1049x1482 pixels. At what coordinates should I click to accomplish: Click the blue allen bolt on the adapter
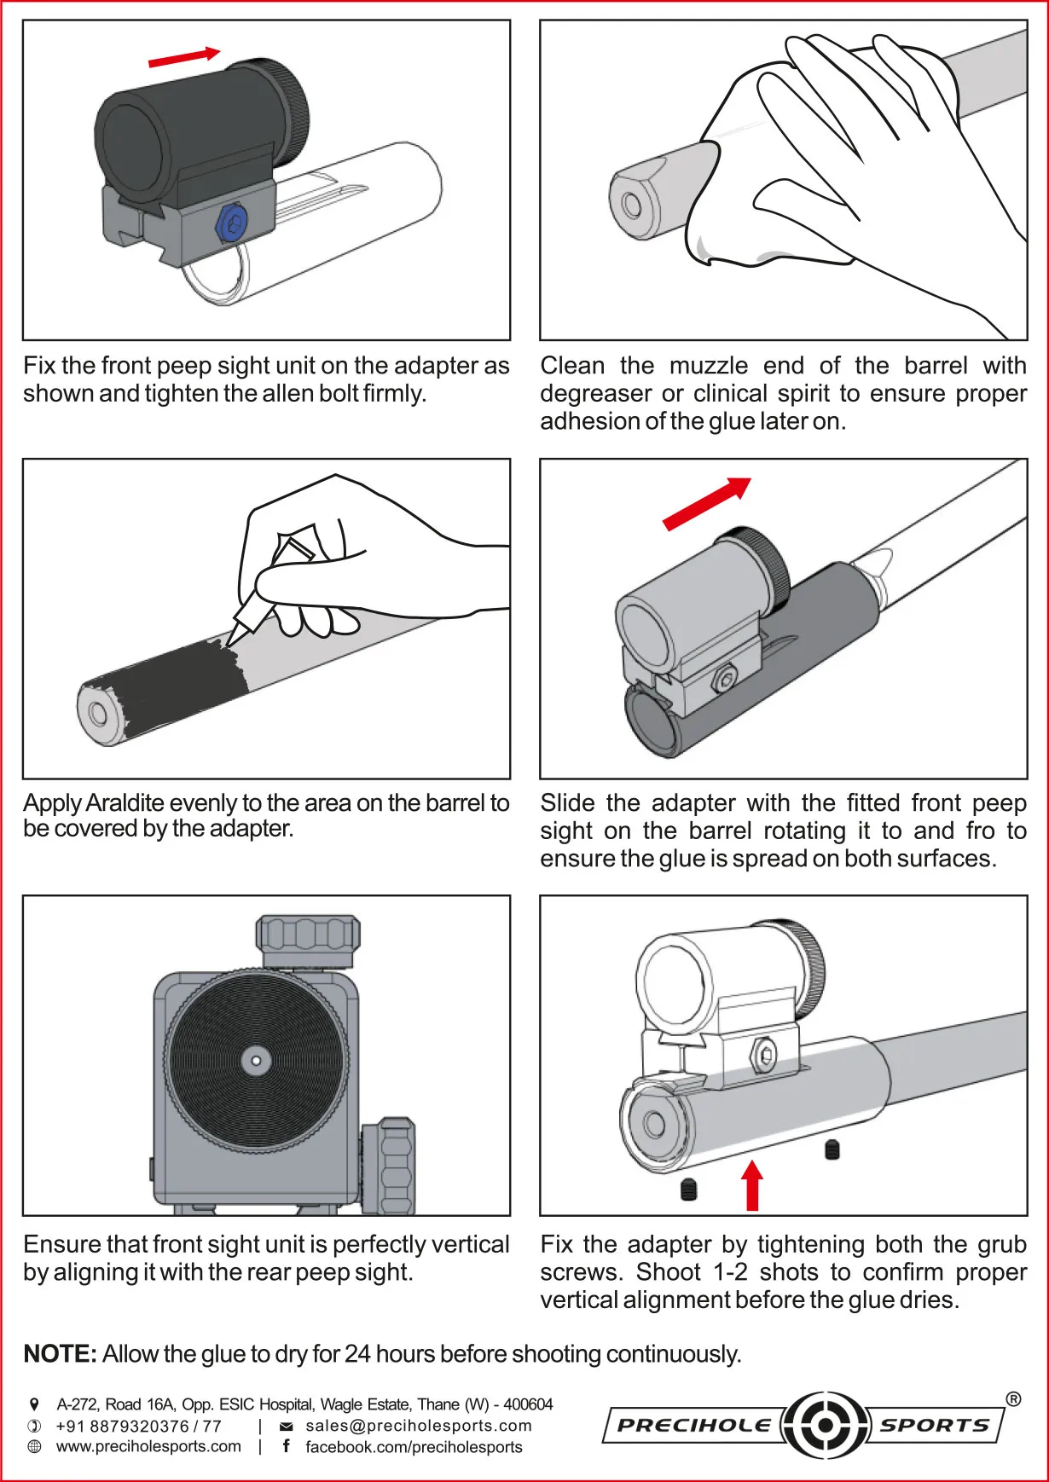pyautogui.click(x=231, y=223)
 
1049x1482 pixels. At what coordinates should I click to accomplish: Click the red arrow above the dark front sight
pyautogui.click(x=184, y=57)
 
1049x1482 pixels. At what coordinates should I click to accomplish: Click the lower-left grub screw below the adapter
pyautogui.click(x=689, y=1190)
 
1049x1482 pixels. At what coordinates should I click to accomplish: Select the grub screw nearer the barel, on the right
pyautogui.click(x=832, y=1150)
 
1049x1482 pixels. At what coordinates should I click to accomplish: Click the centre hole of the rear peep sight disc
pyautogui.click(x=256, y=1061)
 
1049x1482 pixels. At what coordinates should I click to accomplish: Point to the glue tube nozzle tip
pyautogui.click(x=231, y=639)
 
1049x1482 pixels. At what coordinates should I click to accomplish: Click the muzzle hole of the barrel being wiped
pyautogui.click(x=632, y=206)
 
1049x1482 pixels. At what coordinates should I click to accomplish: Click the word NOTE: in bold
pyautogui.click(x=60, y=1354)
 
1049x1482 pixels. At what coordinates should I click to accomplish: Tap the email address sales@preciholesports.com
pyautogui.click(x=418, y=1426)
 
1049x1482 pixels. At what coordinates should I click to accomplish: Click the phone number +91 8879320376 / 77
pyautogui.click(x=138, y=1426)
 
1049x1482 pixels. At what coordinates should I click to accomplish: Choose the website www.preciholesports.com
pyautogui.click(x=148, y=1446)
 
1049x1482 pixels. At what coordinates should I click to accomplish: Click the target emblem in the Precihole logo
pyautogui.click(x=824, y=1425)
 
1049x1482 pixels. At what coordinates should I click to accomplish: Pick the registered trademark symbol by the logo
pyautogui.click(x=1013, y=1399)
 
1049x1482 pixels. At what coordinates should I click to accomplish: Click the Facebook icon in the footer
pyautogui.click(x=287, y=1446)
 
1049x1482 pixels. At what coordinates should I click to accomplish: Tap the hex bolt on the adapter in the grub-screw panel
pyautogui.click(x=765, y=1056)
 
